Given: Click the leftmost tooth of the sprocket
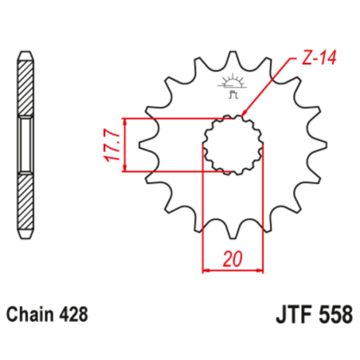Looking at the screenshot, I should point(146,146).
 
